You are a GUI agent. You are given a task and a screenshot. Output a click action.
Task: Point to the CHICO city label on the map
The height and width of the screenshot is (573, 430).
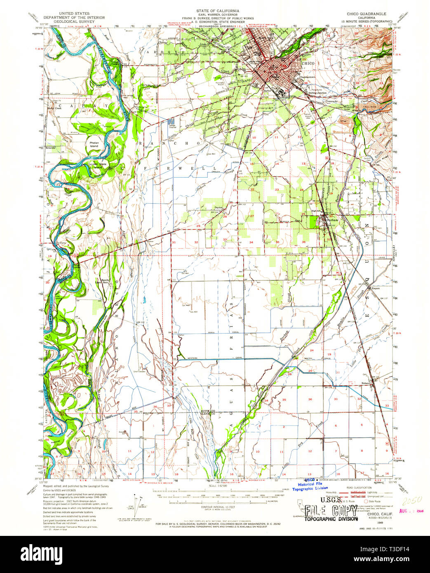[x=308, y=64]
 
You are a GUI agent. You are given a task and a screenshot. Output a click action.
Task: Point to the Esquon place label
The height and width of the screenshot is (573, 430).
[x=376, y=288]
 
